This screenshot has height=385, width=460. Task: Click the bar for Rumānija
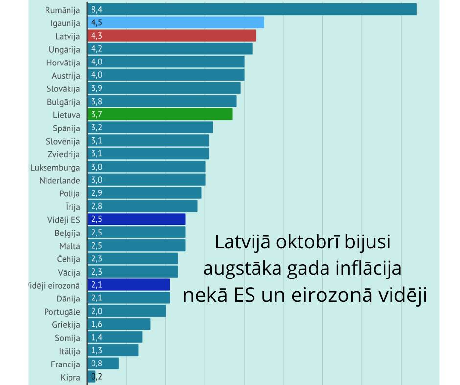coord(252,9)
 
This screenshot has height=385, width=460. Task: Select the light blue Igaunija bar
coord(176,22)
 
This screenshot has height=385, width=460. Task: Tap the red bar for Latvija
coord(172,36)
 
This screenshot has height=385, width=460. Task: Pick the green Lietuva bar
coord(160,114)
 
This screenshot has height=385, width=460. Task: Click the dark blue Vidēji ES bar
coord(137,219)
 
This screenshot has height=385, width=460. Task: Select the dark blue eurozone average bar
coord(129,285)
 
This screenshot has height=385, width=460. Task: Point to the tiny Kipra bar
coord(92,377)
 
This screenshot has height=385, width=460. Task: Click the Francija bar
coord(103,364)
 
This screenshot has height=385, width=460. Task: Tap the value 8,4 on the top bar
coord(96,9)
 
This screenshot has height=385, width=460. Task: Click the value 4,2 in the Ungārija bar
coord(96,49)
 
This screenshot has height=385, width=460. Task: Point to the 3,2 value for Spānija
coord(96,128)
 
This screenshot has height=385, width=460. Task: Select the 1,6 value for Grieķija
coord(96,324)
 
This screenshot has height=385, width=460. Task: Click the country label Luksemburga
coord(55,167)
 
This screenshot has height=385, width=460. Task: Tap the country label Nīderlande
coord(60,180)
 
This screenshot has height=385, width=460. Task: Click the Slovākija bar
coord(164,88)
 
